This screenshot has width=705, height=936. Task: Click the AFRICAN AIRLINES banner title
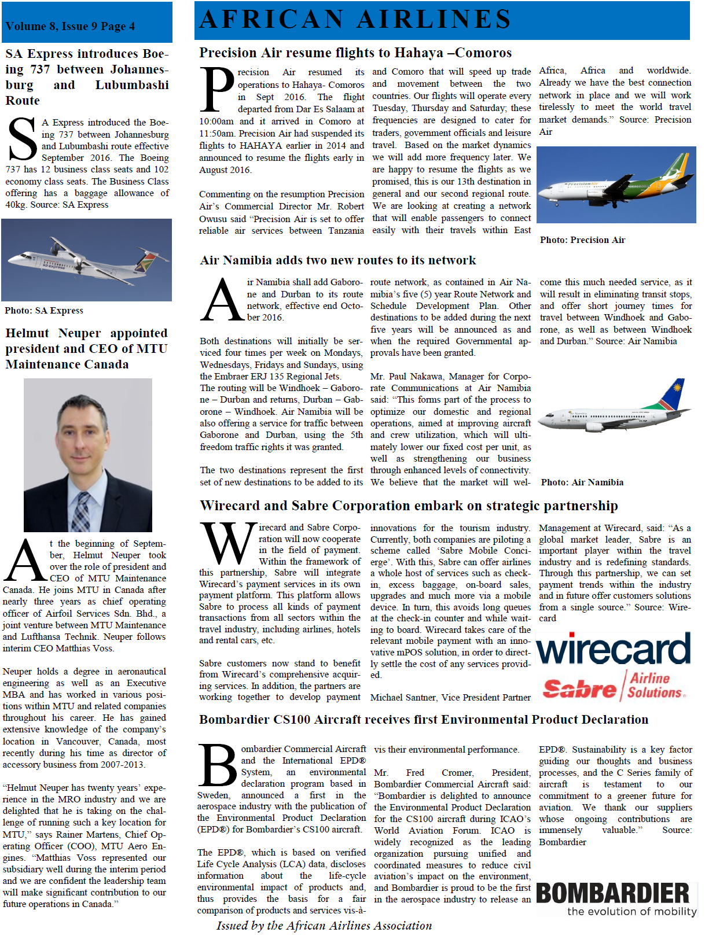pyautogui.click(x=355, y=20)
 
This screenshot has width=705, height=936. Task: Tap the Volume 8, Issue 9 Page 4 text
pyautogui.click(x=70, y=27)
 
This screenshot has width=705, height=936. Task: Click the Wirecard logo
pyautogui.click(x=614, y=648)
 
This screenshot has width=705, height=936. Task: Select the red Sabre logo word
pyautogui.click(x=579, y=689)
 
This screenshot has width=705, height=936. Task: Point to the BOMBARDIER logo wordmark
pyautogui.click(x=613, y=893)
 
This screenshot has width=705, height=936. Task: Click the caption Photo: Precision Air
pyautogui.click(x=582, y=240)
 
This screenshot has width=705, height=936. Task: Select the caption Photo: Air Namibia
pyautogui.click(x=582, y=482)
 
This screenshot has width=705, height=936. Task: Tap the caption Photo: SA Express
pyautogui.click(x=44, y=311)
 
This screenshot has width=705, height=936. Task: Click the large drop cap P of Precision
pyautogui.click(x=217, y=90)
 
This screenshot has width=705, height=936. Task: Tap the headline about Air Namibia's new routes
pyautogui.click(x=338, y=260)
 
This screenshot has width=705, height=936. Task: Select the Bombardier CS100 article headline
pyautogui.click(x=423, y=720)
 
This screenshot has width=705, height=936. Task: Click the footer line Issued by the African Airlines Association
pyautogui.click(x=324, y=926)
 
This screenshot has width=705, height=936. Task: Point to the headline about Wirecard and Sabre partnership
pyautogui.click(x=409, y=506)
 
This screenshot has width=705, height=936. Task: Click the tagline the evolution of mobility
pyautogui.click(x=631, y=912)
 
